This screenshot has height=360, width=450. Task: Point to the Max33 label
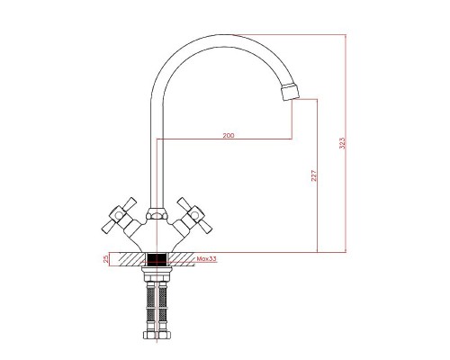(206, 259)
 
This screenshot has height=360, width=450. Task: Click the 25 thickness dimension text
(108, 260)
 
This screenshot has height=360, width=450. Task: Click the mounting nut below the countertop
(158, 274)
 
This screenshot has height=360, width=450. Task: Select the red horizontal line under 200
(225, 139)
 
